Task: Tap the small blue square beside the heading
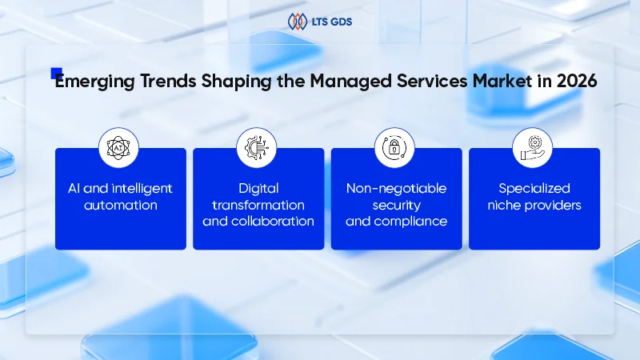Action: [x=56, y=74]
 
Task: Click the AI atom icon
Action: [x=118, y=147]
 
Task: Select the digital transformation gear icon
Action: [x=258, y=147]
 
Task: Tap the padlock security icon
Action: [x=395, y=147]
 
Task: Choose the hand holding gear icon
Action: [x=533, y=147]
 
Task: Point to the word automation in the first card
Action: [x=121, y=205]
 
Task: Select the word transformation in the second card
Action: [x=258, y=205]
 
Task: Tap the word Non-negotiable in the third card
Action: [x=396, y=189]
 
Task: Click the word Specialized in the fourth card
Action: [x=534, y=189]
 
